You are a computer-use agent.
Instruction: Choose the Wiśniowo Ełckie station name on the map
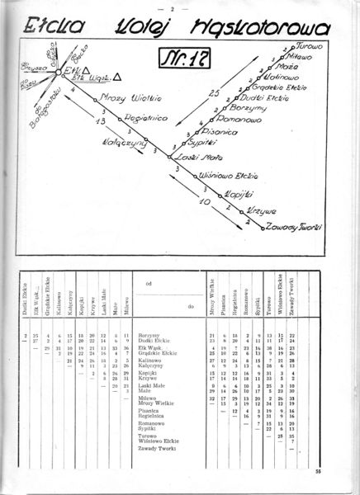227,177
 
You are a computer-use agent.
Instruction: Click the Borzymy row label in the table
149,336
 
